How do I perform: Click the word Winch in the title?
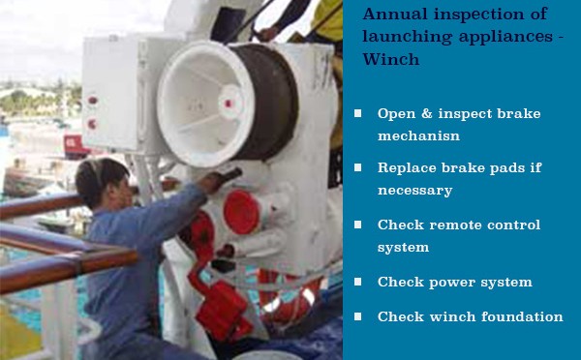[x=391, y=59]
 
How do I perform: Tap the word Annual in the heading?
[x=395, y=15]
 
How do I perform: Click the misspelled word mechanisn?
[x=418, y=135]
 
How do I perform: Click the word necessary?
[x=415, y=191]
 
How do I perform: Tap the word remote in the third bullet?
[x=455, y=225]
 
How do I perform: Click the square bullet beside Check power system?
[x=357, y=282]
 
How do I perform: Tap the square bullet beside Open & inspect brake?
[x=357, y=113]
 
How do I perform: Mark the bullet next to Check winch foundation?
[x=357, y=316]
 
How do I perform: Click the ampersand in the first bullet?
[x=426, y=113]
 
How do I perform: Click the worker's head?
[x=102, y=182]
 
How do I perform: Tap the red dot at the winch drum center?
[x=229, y=104]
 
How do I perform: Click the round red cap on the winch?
[x=241, y=212]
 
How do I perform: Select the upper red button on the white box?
[x=92, y=101]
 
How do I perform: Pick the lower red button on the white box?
[x=92, y=124]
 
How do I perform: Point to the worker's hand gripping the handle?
[x=211, y=183]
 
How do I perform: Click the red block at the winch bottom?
[x=223, y=311]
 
